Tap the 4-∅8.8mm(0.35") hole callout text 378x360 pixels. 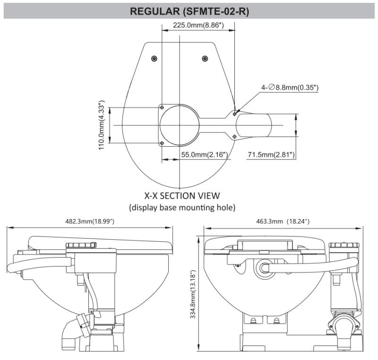click(290, 88)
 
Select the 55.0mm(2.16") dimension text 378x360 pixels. click(205, 155)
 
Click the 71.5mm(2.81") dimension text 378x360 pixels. click(271, 155)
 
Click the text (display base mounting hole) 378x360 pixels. click(182, 207)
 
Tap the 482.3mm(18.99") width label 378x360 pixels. click(90, 221)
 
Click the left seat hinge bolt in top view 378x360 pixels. click(154, 58)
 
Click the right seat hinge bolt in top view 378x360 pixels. click(205, 58)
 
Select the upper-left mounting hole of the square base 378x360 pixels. click(162, 106)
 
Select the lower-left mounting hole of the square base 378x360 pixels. click(162, 143)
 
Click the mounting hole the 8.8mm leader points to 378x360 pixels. click(235, 113)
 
